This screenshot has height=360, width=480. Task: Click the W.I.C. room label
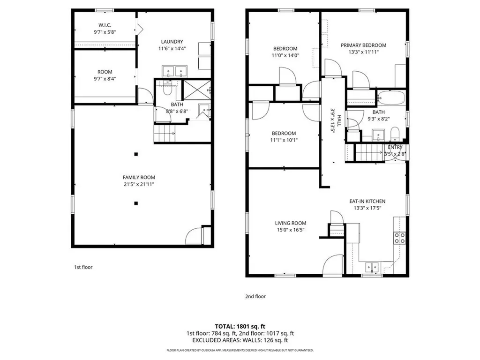click(x=105, y=25)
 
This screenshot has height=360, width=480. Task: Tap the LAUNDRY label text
click(x=172, y=42)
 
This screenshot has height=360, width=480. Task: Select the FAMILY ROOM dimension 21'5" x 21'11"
click(x=139, y=184)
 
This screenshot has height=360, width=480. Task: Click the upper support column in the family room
click(x=136, y=154)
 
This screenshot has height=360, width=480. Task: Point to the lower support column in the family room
click(x=136, y=203)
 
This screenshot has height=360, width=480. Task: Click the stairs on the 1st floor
click(x=165, y=134)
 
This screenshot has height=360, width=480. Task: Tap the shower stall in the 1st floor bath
click(x=197, y=90)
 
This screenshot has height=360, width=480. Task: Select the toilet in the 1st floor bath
click(x=167, y=89)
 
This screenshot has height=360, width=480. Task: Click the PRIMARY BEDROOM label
click(x=363, y=45)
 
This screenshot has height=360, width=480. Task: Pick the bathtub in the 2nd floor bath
click(x=391, y=97)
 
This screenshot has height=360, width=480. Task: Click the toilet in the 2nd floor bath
click(x=395, y=134)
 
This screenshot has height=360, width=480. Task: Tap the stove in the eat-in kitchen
click(x=399, y=238)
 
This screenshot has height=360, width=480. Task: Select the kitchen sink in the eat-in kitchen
click(x=372, y=267)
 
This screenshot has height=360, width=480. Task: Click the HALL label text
click(x=339, y=120)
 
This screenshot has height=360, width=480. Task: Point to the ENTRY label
click(x=395, y=147)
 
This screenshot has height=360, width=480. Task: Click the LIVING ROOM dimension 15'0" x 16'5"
click(x=291, y=230)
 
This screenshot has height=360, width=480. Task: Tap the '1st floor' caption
click(x=83, y=267)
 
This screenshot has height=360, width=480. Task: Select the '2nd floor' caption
click(x=255, y=296)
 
